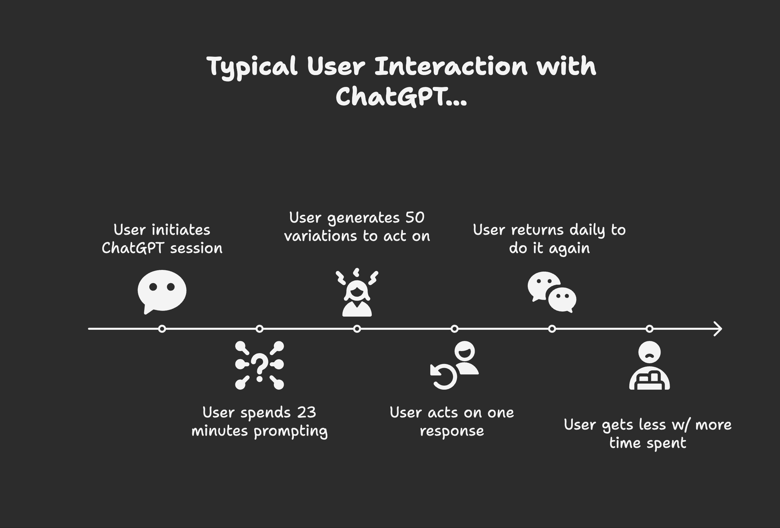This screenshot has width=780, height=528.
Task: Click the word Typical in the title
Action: (252, 67)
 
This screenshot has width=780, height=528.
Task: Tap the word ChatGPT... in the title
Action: (401, 96)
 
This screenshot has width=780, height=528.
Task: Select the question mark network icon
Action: (259, 365)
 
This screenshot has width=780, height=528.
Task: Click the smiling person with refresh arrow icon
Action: (455, 365)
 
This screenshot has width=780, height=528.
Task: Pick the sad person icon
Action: (649, 366)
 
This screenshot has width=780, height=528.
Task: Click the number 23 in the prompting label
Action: (306, 412)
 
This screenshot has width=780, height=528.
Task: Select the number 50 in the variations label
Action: (415, 217)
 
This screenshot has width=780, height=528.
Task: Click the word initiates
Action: (181, 230)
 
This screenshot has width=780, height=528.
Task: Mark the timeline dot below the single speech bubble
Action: (162, 329)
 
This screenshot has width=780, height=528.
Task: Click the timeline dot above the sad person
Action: (649, 329)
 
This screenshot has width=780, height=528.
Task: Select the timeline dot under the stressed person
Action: (357, 329)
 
